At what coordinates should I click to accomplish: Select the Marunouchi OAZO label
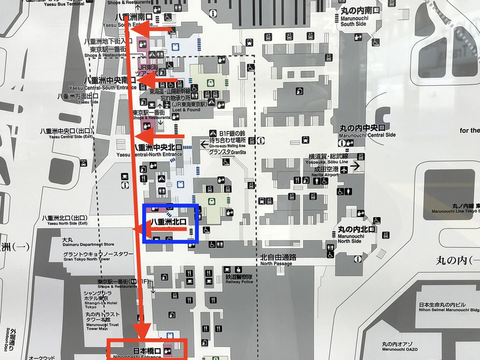[x=391, y=347]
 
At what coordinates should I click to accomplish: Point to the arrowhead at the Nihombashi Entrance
[x=142, y=332]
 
